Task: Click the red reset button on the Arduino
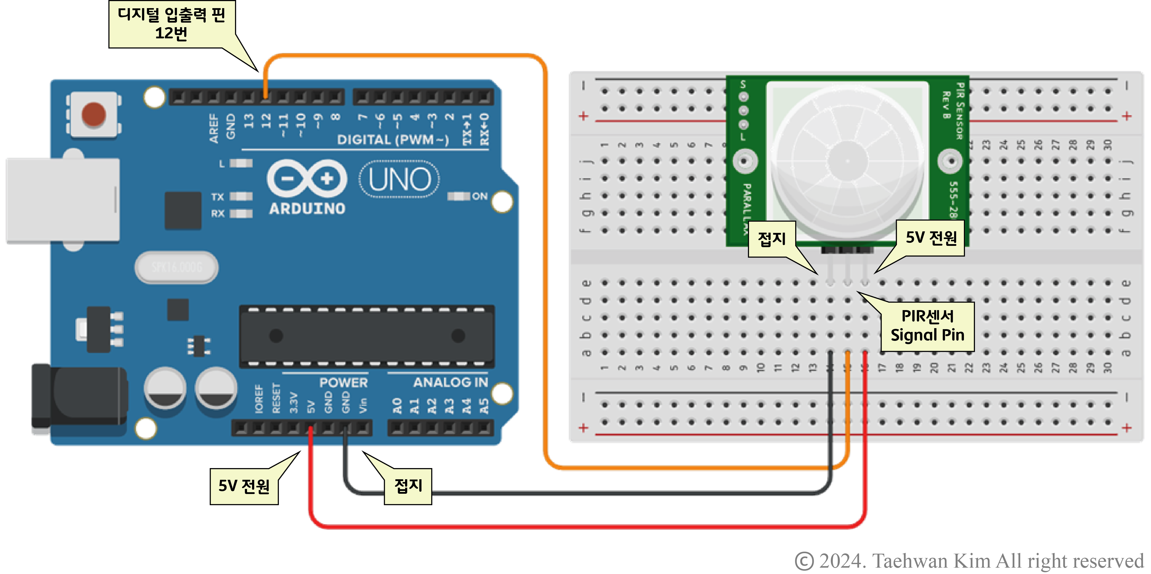93,114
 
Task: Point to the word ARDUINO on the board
307,209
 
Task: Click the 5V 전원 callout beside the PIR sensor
931,238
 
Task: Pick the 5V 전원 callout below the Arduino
244,486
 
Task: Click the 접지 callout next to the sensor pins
772,239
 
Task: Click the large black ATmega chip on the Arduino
366,336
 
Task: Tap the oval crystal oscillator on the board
176,267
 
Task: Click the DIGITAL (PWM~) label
392,140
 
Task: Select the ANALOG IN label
450,382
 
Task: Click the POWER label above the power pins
343,382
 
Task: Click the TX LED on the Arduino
241,197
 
